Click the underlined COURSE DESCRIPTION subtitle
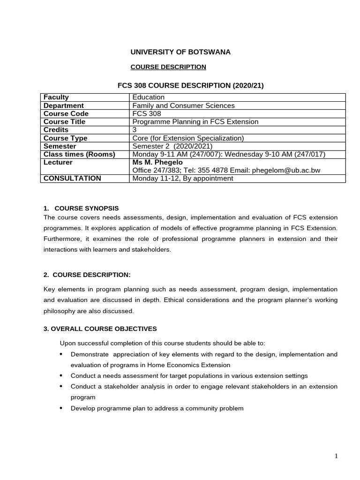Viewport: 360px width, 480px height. point(168,67)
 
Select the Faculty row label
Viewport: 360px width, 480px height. point(56,97)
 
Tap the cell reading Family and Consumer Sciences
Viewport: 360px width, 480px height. point(184,105)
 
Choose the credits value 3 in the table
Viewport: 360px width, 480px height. point(135,129)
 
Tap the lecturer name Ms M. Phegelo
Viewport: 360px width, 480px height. point(158,162)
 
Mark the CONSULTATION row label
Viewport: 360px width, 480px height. point(72,178)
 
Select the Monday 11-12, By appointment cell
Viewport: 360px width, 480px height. point(183,178)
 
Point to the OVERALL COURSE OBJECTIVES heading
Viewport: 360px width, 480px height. point(100,329)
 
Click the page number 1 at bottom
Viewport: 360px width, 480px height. point(337,456)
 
